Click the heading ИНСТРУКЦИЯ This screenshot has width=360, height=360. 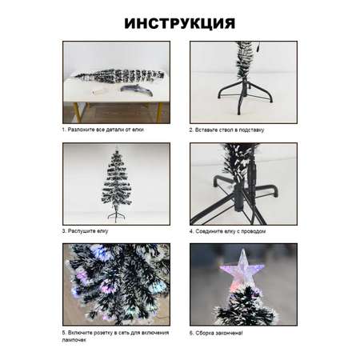(180, 24)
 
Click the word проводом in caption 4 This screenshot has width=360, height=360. (253, 231)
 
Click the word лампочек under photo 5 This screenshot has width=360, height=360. (74, 340)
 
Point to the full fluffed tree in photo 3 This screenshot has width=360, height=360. (116, 184)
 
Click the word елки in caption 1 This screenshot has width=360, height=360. (138, 130)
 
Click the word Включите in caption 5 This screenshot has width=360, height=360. (79, 333)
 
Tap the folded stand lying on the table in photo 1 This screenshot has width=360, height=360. (137, 90)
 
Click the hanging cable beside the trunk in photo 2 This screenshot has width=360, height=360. (257, 46)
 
